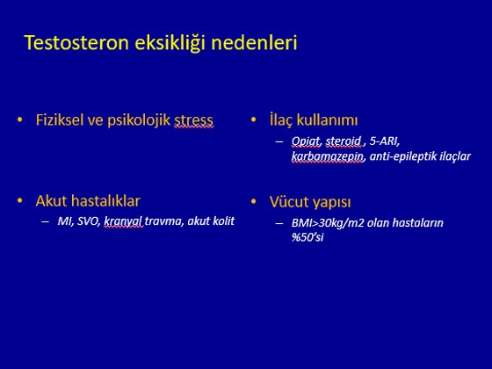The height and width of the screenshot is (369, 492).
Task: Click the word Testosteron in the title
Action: click(x=76, y=43)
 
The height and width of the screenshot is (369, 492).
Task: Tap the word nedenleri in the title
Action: click(x=255, y=43)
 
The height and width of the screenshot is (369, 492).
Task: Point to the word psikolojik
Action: click(x=139, y=121)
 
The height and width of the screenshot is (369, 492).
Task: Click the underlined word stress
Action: click(x=194, y=121)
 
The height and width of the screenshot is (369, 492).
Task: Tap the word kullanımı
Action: click(x=327, y=120)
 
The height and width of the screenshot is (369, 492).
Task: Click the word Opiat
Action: click(x=307, y=141)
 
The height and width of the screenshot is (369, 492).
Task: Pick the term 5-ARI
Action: click(x=385, y=141)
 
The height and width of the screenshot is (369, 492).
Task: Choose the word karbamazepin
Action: click(x=328, y=156)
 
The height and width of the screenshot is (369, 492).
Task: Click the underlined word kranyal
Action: click(x=123, y=221)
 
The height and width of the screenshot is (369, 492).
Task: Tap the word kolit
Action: click(x=223, y=221)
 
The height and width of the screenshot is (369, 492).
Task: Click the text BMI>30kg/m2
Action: click(x=328, y=223)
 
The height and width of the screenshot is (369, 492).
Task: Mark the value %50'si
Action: click(x=307, y=237)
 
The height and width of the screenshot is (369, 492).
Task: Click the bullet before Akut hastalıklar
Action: click(x=20, y=201)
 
